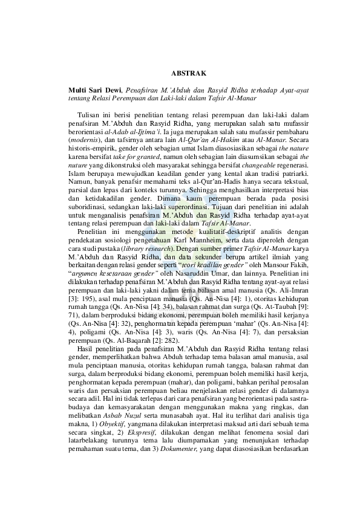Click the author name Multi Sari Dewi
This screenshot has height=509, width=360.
(x=96, y=91)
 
